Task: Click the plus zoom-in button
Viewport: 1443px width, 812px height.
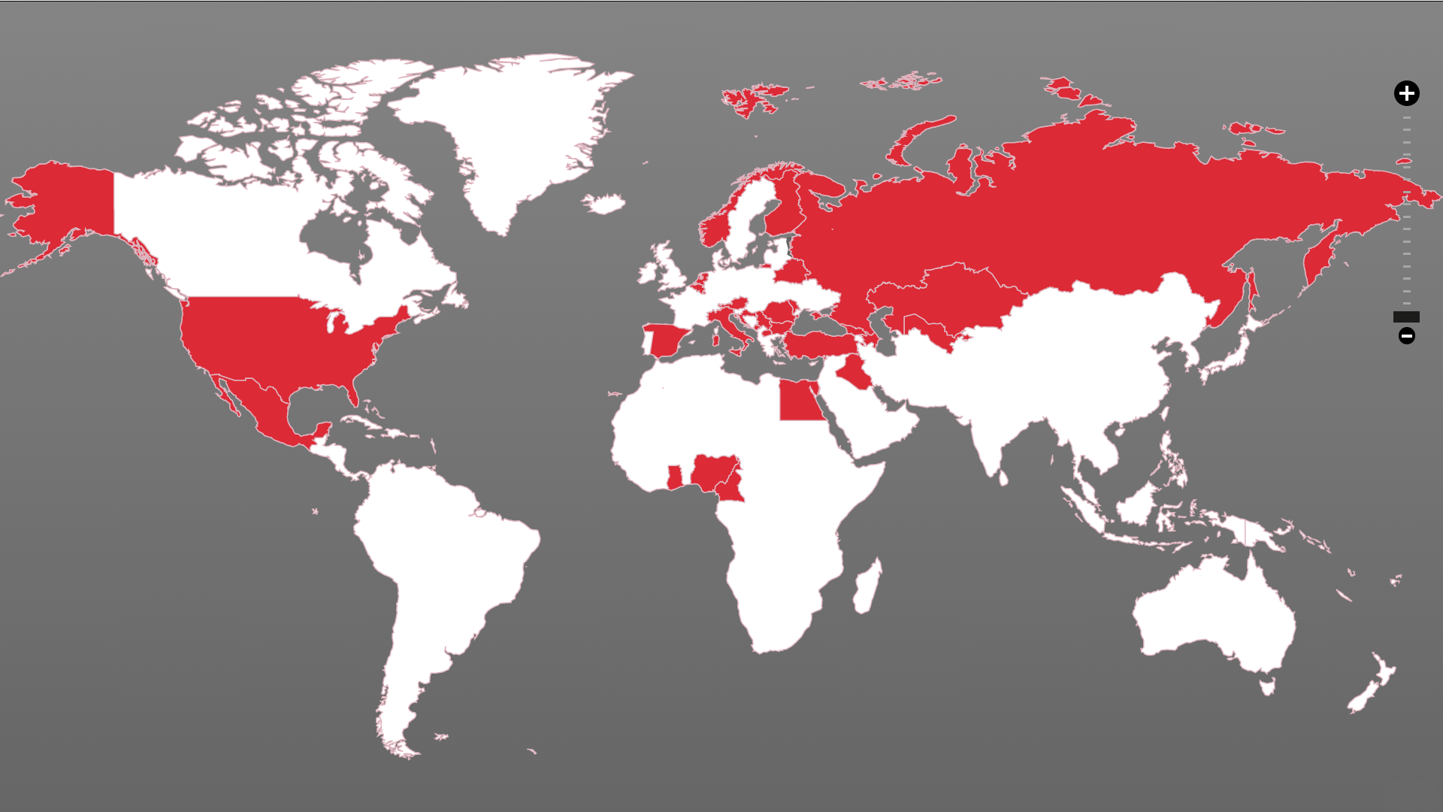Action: point(1406,93)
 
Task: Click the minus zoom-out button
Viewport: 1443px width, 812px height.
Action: point(1406,336)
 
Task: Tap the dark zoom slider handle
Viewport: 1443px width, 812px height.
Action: point(1406,317)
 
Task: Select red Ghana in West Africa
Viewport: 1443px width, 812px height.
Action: point(674,477)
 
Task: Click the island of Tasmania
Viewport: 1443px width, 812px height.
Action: point(1268,686)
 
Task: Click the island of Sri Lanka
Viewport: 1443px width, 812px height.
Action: point(1003,477)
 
